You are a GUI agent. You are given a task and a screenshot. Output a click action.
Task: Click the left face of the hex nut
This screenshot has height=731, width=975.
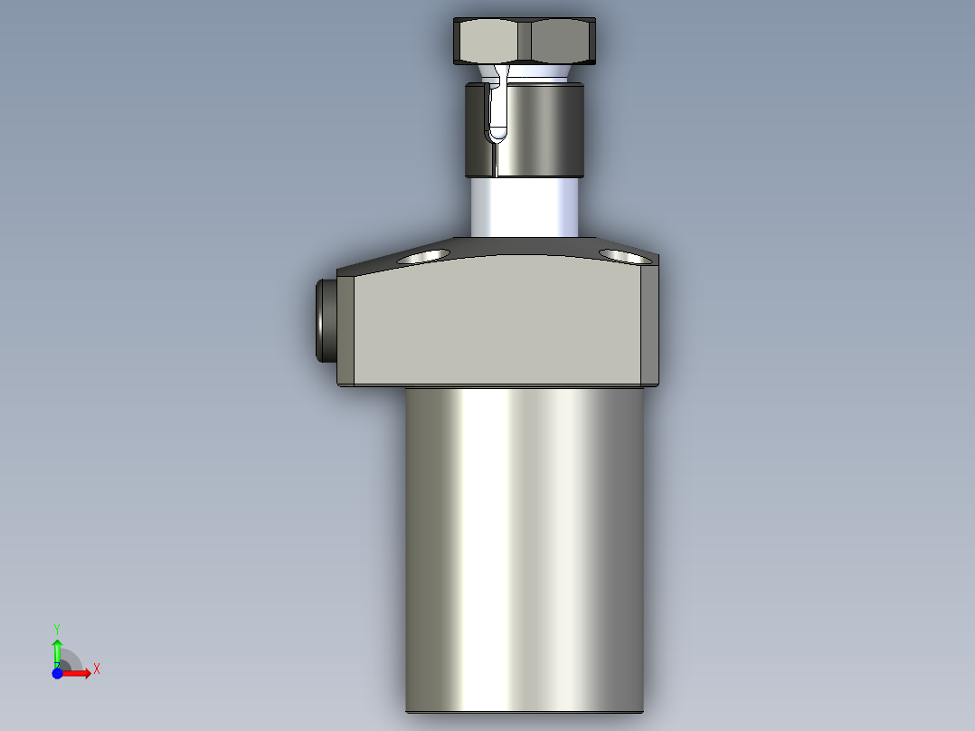491,40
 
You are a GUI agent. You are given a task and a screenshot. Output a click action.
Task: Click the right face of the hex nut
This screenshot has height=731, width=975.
563,40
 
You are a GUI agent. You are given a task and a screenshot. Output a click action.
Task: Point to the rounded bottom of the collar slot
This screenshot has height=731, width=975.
496,136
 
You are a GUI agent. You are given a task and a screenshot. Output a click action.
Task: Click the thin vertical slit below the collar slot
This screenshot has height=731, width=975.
496,160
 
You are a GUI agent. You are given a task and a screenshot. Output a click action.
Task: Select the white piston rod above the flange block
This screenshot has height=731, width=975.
525,207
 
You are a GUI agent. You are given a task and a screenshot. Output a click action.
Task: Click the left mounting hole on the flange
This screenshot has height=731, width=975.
424,257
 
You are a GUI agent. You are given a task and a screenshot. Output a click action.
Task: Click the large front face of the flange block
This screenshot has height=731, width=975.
497,326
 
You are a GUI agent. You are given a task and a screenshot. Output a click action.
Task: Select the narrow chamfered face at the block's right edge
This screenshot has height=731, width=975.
650,326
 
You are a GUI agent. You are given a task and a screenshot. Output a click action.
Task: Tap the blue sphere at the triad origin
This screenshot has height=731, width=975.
57,673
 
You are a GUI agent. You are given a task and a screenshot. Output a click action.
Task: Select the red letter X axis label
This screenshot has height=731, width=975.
96,669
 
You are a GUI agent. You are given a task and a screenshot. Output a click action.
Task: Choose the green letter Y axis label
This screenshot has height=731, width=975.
57,628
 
